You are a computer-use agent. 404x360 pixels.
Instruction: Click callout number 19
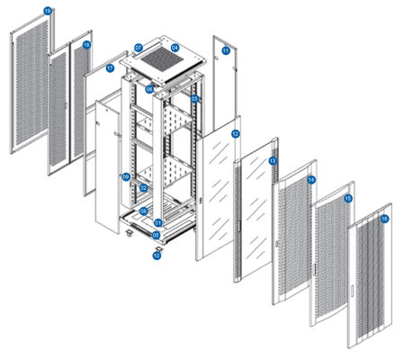pos(49,11)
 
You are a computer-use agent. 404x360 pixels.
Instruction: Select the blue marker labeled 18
pos(86,44)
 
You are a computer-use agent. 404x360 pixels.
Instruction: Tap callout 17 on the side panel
pos(111,67)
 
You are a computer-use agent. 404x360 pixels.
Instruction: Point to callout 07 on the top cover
pos(139,47)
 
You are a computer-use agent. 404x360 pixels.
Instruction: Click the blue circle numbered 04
pos(175,47)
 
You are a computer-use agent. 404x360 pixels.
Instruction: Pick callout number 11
pos(225,51)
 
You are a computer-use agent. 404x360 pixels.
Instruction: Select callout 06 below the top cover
pos(163,89)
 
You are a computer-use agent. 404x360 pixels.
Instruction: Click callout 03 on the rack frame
pos(195,98)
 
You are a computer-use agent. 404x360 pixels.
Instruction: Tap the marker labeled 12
pos(235,133)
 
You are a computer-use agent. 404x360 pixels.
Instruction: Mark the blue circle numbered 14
pos(311,181)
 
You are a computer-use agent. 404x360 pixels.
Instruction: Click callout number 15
pos(348,198)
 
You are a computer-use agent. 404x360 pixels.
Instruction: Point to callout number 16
pos(384,219)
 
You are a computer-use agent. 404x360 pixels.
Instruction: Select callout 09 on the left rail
pos(127,176)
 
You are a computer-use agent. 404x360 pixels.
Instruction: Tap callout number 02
pos(143,187)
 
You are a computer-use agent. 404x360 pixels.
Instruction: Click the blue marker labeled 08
pos(143,211)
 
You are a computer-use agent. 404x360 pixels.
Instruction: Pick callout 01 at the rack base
pos(157,222)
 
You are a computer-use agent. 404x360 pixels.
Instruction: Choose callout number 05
pos(157,236)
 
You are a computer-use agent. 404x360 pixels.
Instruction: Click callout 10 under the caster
pos(157,256)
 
